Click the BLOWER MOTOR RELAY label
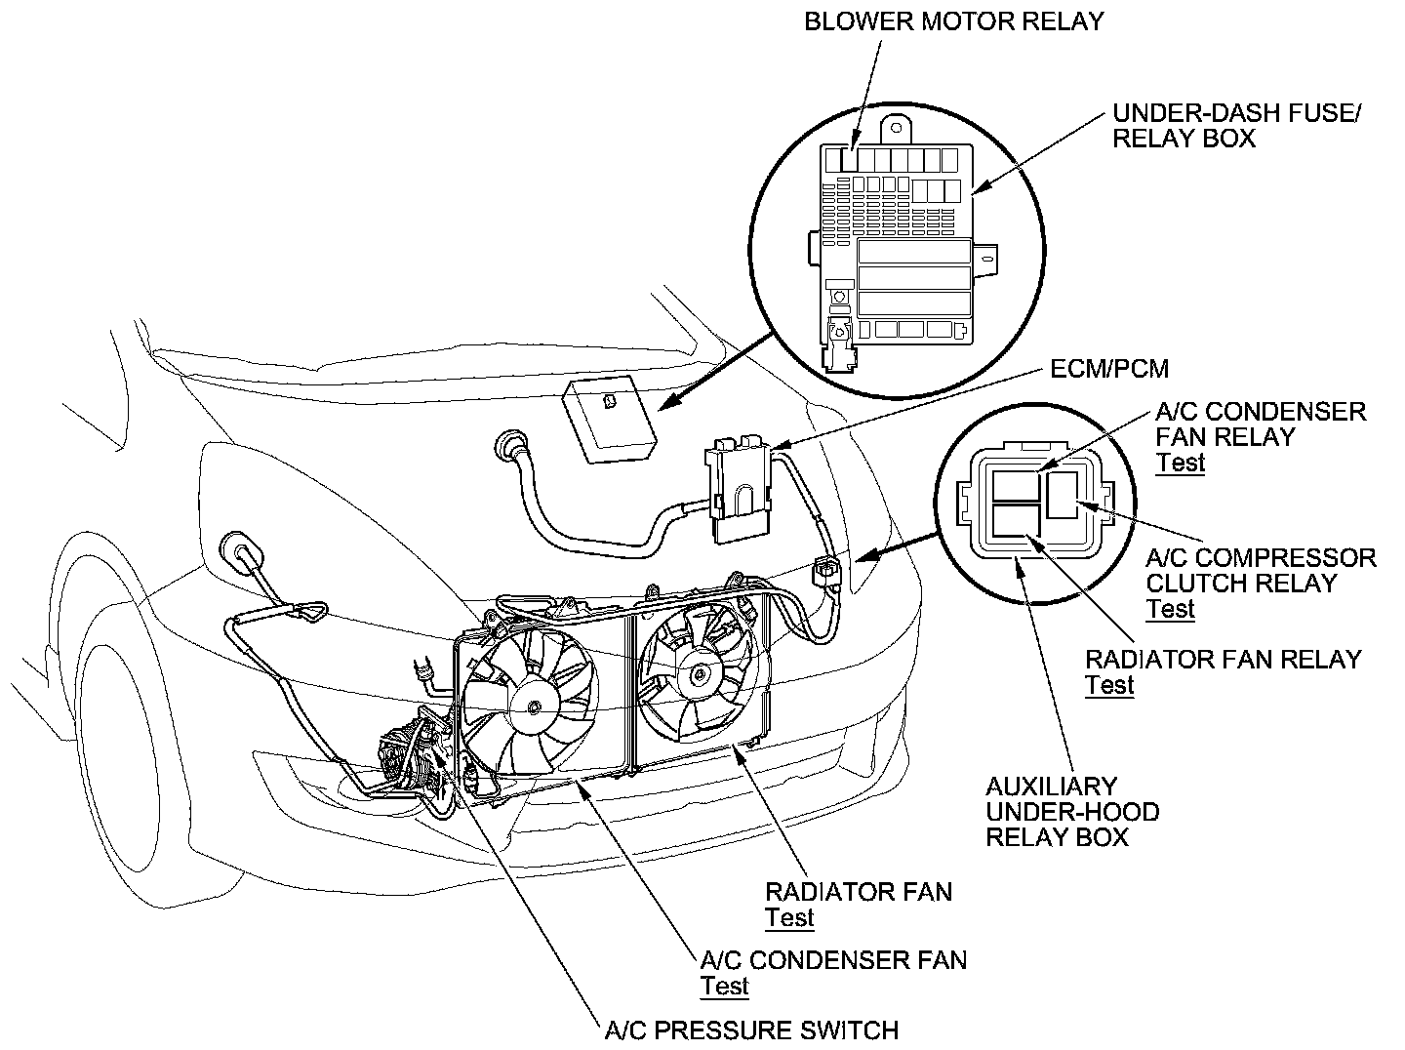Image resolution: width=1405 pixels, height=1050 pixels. click(953, 21)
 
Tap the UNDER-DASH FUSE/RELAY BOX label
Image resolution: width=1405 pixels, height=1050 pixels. click(1236, 126)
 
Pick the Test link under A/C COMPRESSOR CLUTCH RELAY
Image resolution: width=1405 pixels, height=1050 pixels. click(1171, 609)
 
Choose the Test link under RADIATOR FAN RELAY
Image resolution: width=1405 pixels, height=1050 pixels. click(1110, 684)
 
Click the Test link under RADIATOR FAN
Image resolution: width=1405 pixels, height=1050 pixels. click(789, 917)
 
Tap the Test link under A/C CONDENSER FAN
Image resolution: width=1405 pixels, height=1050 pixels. click(725, 986)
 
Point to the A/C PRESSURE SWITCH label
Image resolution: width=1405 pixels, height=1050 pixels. click(751, 1030)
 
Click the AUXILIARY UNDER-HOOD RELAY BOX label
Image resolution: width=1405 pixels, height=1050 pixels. click(1072, 812)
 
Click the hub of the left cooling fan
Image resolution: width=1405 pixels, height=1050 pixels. click(533, 705)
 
